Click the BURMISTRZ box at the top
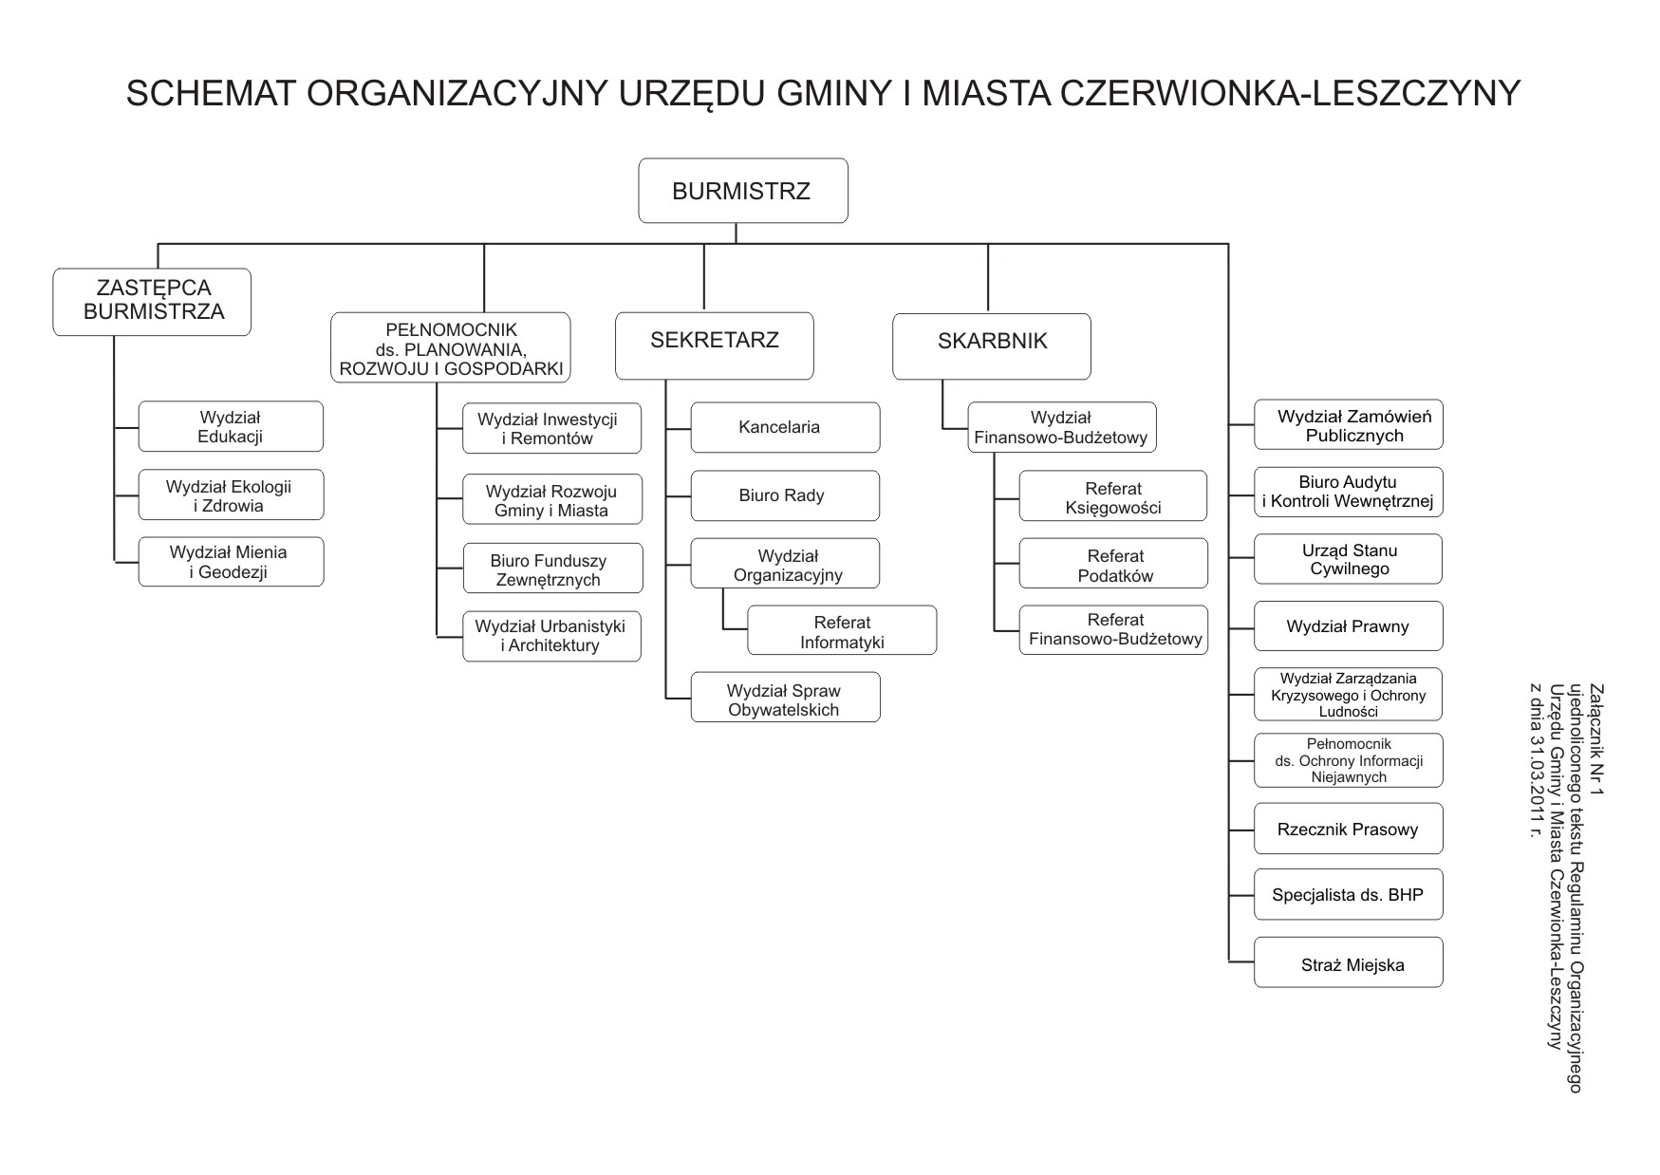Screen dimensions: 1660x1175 [x=742, y=191]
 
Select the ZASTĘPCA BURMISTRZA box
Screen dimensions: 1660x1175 [x=152, y=302]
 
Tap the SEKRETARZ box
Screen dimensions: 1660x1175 [x=714, y=345]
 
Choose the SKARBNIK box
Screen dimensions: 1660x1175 [x=992, y=345]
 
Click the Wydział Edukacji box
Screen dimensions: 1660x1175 [x=231, y=427]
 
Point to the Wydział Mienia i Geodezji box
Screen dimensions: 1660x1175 [x=231, y=562]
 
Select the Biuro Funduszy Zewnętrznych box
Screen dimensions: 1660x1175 [x=552, y=569]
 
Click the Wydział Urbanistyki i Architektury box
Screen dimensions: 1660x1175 [x=551, y=636]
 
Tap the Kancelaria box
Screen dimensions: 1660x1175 [x=785, y=427]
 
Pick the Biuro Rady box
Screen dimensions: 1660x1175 [x=785, y=495]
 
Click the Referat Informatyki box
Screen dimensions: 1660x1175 [x=842, y=630]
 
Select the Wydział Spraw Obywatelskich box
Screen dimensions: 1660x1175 [x=785, y=698]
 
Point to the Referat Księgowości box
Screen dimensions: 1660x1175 [x=1113, y=495]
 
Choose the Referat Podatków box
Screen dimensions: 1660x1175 [x=1113, y=564]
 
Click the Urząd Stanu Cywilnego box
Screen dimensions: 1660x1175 [x=1348, y=559]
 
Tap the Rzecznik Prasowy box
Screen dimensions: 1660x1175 [x=1348, y=829]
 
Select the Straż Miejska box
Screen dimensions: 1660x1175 [x=1348, y=962]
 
